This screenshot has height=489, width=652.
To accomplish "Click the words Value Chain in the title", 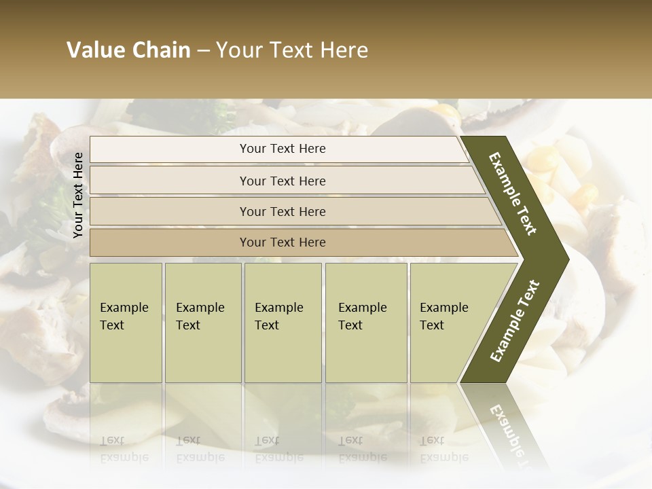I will (x=128, y=50).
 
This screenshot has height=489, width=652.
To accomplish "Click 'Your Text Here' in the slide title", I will (x=292, y=50).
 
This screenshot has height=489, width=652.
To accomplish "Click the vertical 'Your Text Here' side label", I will (x=78, y=195).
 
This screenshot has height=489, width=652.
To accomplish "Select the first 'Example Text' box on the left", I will (x=126, y=322).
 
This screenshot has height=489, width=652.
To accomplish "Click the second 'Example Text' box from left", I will (x=202, y=322).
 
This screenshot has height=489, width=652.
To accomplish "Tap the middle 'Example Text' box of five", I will (x=283, y=322).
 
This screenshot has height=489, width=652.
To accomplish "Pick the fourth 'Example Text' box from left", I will (x=365, y=322).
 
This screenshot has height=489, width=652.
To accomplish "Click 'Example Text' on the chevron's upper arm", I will (x=513, y=194).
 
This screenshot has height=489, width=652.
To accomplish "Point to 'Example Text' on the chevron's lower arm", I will (x=514, y=321).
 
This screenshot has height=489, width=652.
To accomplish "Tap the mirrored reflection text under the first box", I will (x=124, y=449).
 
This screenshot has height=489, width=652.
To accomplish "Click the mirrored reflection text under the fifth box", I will (x=444, y=449).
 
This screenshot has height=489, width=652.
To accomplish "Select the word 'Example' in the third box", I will (x=278, y=308).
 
